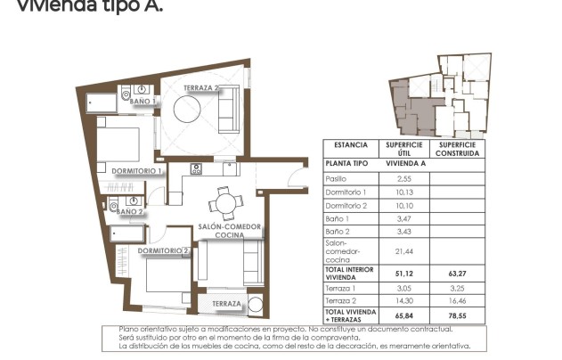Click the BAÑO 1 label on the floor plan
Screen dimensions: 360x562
click(x=143, y=102)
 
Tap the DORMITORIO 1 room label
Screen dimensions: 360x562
click(x=136, y=170)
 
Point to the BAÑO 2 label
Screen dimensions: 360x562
click(x=129, y=211)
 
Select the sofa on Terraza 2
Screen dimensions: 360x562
click(x=228, y=111)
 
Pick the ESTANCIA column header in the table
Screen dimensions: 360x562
click(x=350, y=144)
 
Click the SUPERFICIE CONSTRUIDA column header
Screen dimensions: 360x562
click(x=459, y=148)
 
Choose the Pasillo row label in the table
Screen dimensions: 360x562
click(x=337, y=179)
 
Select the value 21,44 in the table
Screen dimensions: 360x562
click(x=403, y=251)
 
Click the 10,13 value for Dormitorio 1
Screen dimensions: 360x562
click(x=403, y=192)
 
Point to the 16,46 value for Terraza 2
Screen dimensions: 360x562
click(x=459, y=301)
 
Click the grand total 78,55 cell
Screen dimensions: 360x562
click(x=459, y=315)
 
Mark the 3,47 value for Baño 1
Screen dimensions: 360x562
click(x=403, y=218)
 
